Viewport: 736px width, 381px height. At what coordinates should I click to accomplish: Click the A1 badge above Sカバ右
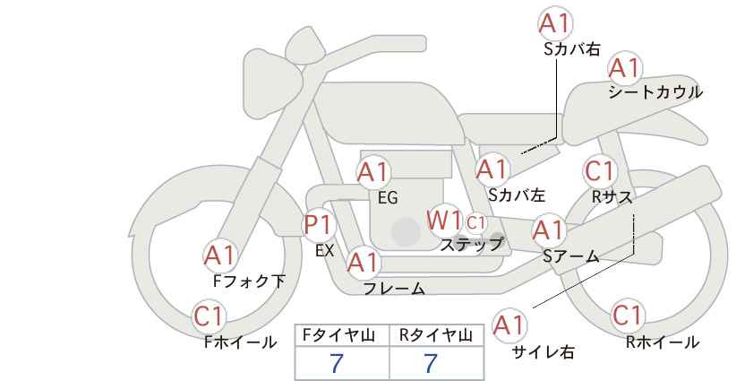(555, 23)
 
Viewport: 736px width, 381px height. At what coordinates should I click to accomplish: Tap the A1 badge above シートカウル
(625, 68)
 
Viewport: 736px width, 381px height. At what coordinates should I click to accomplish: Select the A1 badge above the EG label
(373, 172)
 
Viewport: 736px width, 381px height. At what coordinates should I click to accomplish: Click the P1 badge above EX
(319, 224)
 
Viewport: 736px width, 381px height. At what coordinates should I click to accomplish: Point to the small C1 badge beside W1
(475, 222)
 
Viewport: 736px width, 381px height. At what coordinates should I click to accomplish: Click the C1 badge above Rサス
(600, 171)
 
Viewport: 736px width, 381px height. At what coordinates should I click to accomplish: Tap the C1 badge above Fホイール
(209, 316)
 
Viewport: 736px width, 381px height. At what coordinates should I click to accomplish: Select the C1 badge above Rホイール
(628, 316)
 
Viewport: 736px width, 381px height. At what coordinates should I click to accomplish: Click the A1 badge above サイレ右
(510, 325)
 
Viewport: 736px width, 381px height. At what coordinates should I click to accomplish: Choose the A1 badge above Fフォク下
(220, 255)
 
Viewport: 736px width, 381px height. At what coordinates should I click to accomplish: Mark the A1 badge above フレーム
(364, 263)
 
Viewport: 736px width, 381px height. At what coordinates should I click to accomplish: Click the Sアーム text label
(571, 256)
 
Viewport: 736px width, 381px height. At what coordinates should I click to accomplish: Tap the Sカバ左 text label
(517, 195)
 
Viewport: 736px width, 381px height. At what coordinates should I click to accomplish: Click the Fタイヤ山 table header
(338, 335)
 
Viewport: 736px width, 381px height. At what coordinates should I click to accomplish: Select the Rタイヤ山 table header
(436, 335)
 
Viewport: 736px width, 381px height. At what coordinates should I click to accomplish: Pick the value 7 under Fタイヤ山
(337, 363)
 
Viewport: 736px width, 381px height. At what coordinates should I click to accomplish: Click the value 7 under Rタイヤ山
(431, 363)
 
